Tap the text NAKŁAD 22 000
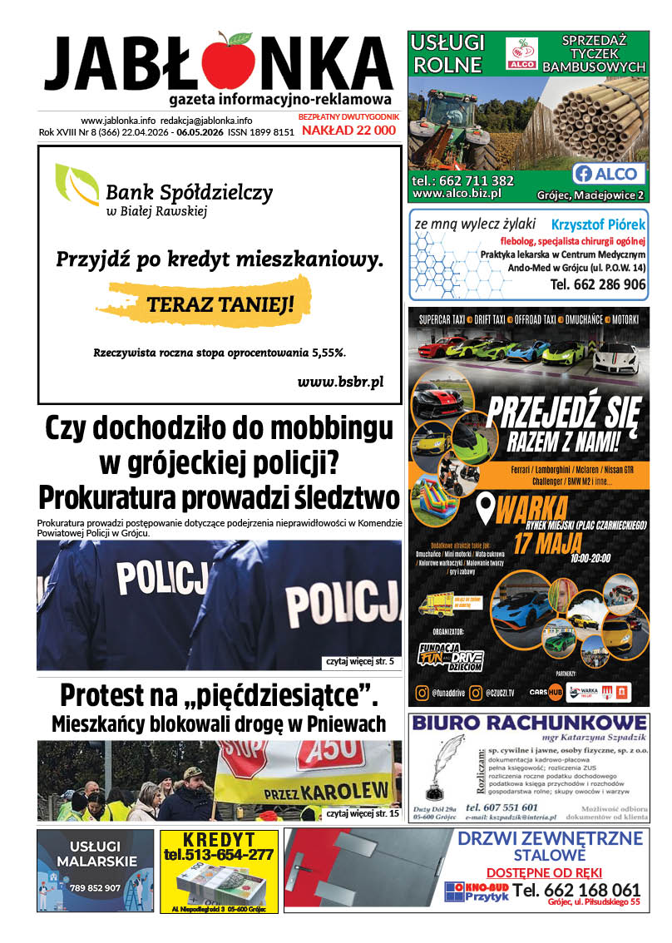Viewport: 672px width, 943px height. (348, 131)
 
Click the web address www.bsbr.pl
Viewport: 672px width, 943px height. (340, 382)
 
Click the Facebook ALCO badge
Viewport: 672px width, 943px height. (609, 174)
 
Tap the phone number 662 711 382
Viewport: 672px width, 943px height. (474, 180)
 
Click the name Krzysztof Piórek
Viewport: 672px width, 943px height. (598, 225)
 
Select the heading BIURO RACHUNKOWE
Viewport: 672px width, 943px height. (529, 721)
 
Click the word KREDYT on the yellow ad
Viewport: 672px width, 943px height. (219, 839)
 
